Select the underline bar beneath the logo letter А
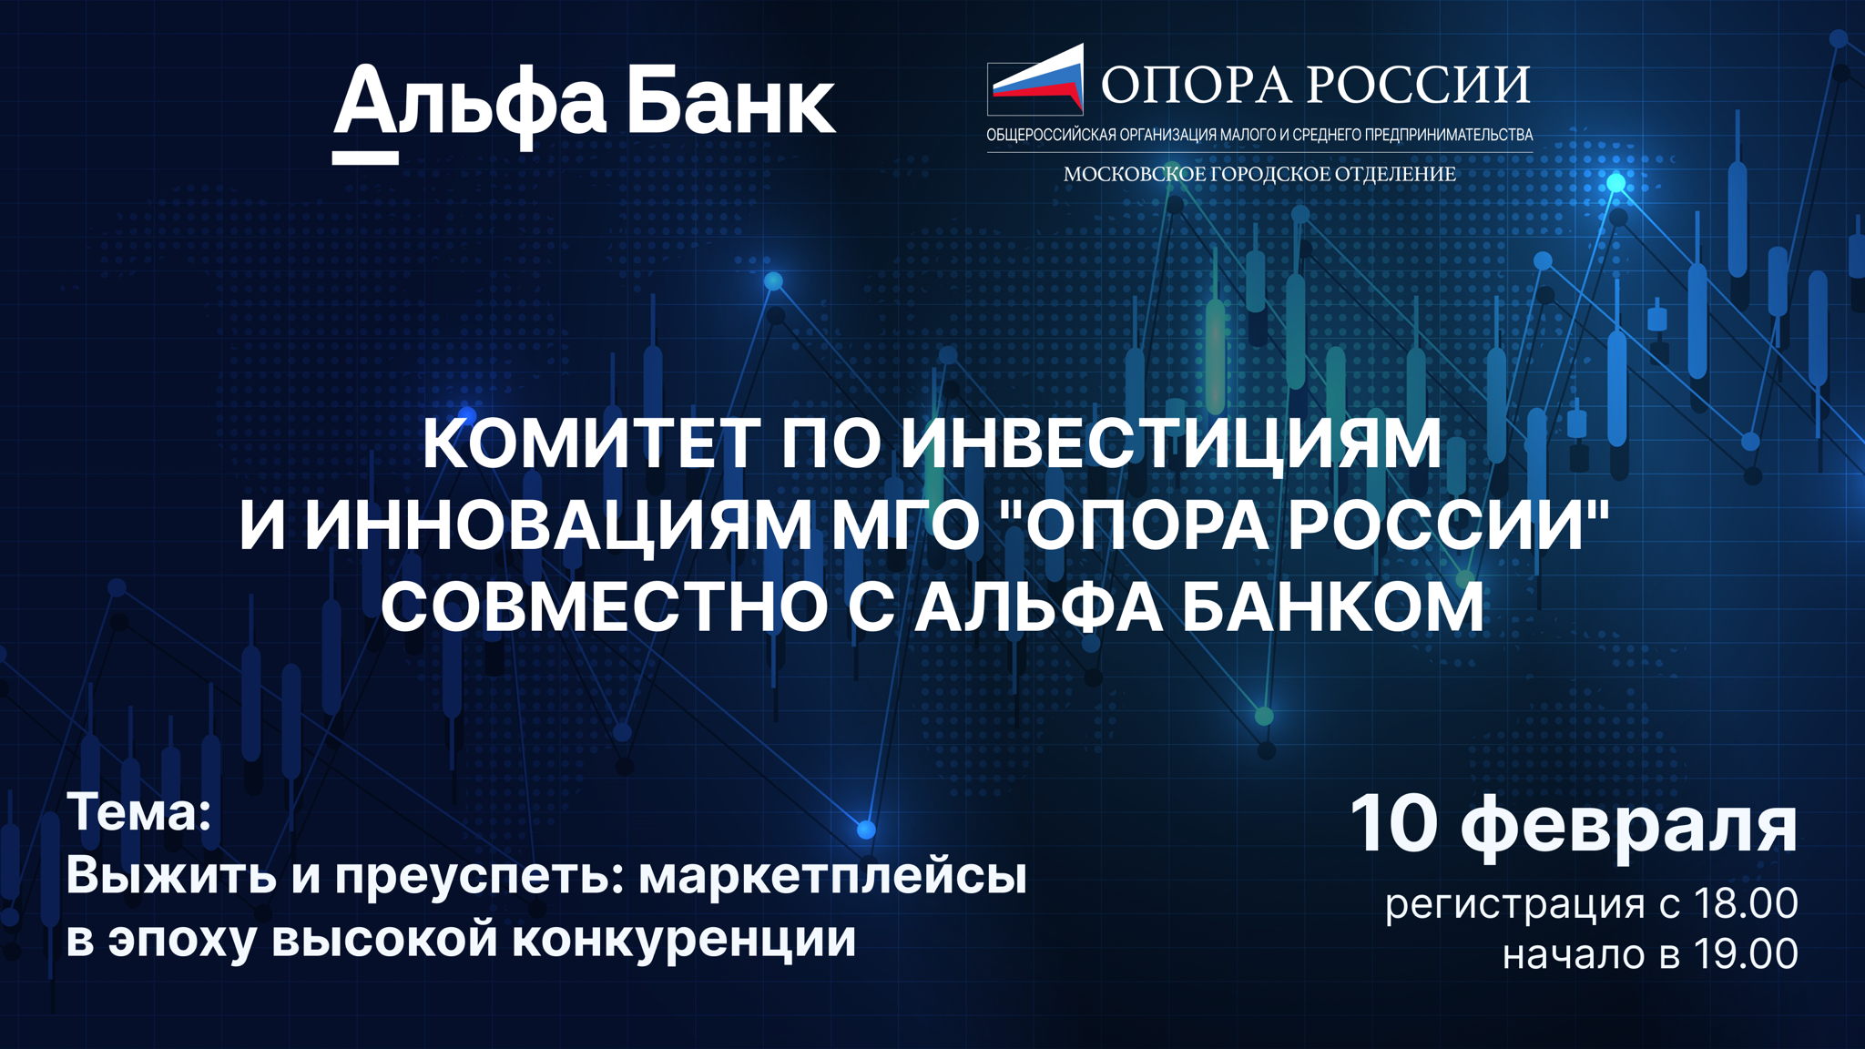click(365, 158)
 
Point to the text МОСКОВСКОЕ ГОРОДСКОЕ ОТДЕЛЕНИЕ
click(1259, 173)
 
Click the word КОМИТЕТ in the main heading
click(590, 443)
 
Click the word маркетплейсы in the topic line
click(832, 876)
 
